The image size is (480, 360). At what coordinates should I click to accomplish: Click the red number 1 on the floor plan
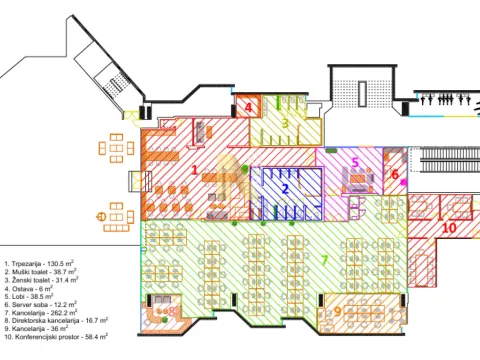tap(195, 170)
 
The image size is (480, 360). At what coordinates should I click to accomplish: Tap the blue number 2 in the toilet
tap(285, 188)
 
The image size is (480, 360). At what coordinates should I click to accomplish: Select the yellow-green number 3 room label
tap(285, 123)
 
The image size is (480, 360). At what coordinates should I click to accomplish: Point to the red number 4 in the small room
tap(249, 106)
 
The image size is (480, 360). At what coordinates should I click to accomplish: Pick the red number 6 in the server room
tap(394, 174)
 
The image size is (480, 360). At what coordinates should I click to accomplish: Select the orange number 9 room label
tap(337, 311)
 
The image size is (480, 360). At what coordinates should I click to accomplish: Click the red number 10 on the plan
tap(449, 228)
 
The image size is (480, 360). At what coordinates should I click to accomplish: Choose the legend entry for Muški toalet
tap(47, 272)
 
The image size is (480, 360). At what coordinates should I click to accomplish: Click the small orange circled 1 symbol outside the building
tap(101, 216)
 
